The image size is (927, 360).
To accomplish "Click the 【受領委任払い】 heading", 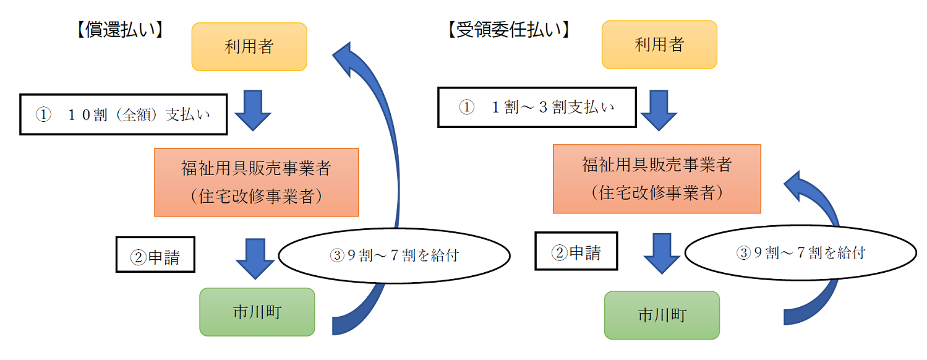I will pyautogui.click(x=508, y=30).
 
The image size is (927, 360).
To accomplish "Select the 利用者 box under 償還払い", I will pyautogui.click(x=249, y=46).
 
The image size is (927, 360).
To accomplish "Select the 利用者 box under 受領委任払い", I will pyautogui.click(x=659, y=45).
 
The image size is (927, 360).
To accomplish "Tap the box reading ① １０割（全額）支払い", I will pyautogui.click(x=124, y=114).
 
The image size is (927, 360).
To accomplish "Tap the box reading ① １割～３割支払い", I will pyautogui.click(x=537, y=107).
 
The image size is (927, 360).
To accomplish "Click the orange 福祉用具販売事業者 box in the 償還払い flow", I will pyautogui.click(x=256, y=182).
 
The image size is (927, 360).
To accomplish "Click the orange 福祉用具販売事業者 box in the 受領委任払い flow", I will pyautogui.click(x=656, y=179).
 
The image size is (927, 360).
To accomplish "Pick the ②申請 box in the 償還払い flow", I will pyautogui.click(x=155, y=254).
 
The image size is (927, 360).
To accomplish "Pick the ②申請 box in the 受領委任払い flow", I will pyautogui.click(x=576, y=252).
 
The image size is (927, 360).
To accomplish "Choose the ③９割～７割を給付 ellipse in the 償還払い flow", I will pyautogui.click(x=394, y=255).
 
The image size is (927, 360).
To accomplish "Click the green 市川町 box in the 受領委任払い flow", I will pyautogui.click(x=662, y=315).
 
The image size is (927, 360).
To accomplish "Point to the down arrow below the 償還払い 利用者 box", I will pyautogui.click(x=253, y=110).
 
